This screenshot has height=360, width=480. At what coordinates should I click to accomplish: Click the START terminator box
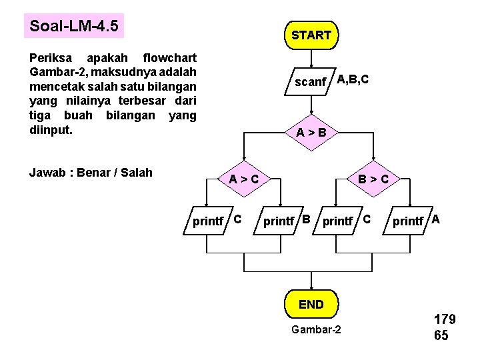(x=311, y=35)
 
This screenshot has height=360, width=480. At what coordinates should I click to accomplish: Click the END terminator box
(x=311, y=305)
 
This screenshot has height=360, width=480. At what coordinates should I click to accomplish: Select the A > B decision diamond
(x=311, y=133)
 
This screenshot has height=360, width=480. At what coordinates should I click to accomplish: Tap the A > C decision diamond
(x=243, y=179)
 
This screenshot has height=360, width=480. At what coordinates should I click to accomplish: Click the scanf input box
(x=311, y=82)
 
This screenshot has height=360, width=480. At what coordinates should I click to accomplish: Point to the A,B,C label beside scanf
(x=353, y=80)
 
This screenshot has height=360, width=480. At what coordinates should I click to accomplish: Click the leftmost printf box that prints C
(x=208, y=221)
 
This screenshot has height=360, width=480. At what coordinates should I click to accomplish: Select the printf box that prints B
(x=279, y=221)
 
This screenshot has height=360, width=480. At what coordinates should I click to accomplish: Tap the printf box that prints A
(x=408, y=221)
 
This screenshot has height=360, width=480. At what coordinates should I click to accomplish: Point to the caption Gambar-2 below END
(x=316, y=330)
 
